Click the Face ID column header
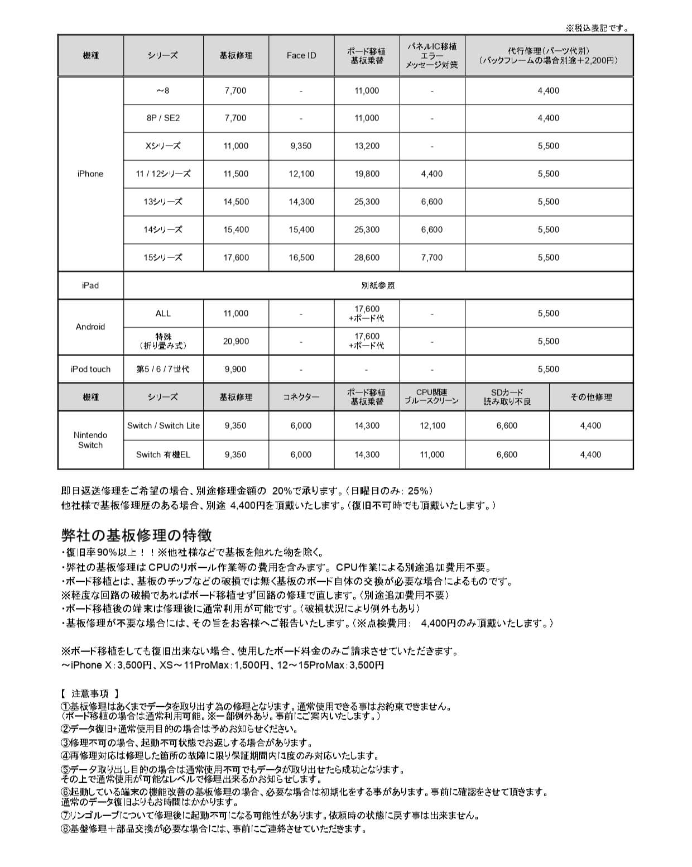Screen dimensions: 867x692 click(x=301, y=55)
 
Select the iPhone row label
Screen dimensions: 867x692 click(x=90, y=174)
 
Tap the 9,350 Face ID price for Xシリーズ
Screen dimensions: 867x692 click(x=301, y=146)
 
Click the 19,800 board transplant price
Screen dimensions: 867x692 click(x=367, y=174)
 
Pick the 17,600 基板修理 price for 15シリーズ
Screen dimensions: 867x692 click(x=236, y=257)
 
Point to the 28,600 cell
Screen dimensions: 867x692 click(x=367, y=257)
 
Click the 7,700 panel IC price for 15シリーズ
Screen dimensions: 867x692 click(x=432, y=257)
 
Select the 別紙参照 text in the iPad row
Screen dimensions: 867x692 click(x=378, y=285)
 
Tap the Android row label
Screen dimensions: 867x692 click(x=90, y=327)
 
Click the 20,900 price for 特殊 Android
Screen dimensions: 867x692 click(x=236, y=341)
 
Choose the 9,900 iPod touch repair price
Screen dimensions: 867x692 click(x=236, y=369)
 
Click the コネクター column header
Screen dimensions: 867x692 click(x=301, y=397)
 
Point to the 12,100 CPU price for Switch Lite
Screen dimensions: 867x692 click(x=432, y=425)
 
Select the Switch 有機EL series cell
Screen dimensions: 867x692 click(x=163, y=454)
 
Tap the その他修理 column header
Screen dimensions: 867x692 click(x=591, y=397)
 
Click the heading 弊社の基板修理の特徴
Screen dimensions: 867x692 click(x=137, y=535)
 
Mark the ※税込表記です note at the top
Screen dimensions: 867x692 click(x=598, y=28)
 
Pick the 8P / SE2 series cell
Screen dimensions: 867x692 click(x=163, y=118)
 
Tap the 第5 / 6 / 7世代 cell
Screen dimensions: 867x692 click(x=163, y=369)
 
